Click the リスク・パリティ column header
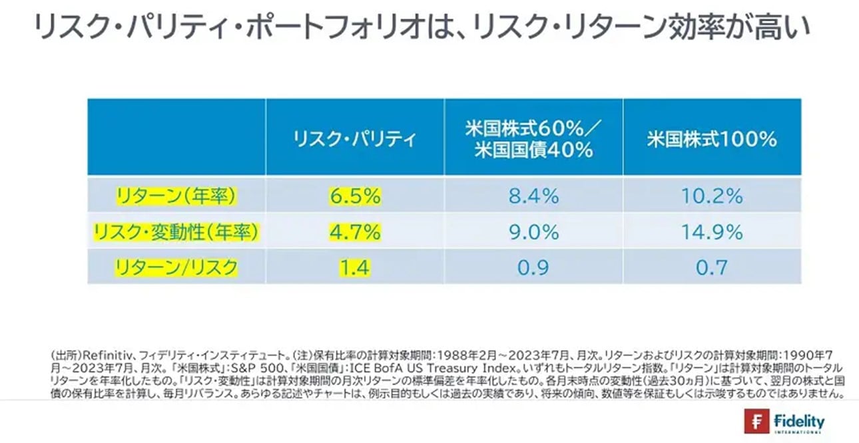(x=355, y=139)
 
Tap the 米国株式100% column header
(x=712, y=139)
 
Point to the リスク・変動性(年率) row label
(x=176, y=231)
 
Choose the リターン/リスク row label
(x=176, y=267)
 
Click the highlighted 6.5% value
(x=354, y=196)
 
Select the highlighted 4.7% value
(x=354, y=232)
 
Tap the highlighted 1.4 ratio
(x=354, y=268)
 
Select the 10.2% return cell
(x=712, y=196)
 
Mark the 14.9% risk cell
(x=712, y=232)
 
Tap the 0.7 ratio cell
(x=712, y=268)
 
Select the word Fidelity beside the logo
(x=799, y=421)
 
